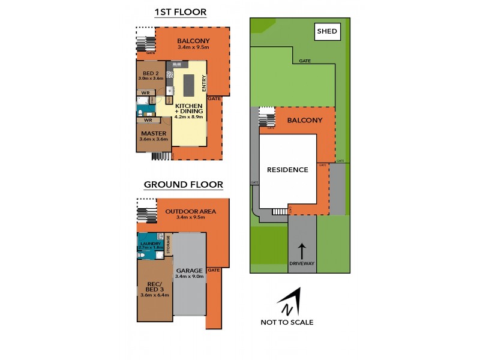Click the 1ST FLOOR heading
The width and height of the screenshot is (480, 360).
pos(180,11)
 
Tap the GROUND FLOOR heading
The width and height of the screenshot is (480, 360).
pos(183,184)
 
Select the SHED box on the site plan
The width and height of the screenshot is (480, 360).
pos(327,32)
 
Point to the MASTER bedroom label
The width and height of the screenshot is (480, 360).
pos(154,133)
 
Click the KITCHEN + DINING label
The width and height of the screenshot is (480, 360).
pos(189,109)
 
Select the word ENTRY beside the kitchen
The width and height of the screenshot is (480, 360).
pos(204,83)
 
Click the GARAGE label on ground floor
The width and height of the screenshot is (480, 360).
pos(190,271)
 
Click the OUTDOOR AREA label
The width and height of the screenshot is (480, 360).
pos(190,211)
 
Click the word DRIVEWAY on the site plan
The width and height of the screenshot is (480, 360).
pos(302,264)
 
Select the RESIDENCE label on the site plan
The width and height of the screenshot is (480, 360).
pos(287,170)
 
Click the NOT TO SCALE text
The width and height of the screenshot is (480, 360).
pos(287,322)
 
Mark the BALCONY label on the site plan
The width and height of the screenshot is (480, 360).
pos(305,120)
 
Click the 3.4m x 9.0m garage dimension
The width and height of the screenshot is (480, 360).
pos(190,277)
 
